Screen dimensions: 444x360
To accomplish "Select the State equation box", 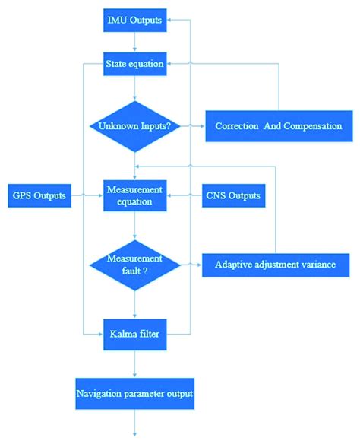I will (134, 64).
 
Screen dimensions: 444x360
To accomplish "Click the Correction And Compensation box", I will (279, 125).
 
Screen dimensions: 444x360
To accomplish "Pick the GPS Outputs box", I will (37, 196).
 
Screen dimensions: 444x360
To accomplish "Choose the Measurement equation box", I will (134, 197).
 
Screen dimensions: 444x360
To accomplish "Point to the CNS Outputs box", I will (233, 196).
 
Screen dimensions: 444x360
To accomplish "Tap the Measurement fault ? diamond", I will (134, 264).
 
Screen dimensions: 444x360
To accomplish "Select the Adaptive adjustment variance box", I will (281, 264).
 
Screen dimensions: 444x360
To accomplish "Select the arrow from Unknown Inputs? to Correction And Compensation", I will (193, 125).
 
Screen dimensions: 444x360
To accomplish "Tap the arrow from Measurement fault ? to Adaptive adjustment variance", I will (191, 264).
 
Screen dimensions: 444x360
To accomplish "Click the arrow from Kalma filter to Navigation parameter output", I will (134, 363).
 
